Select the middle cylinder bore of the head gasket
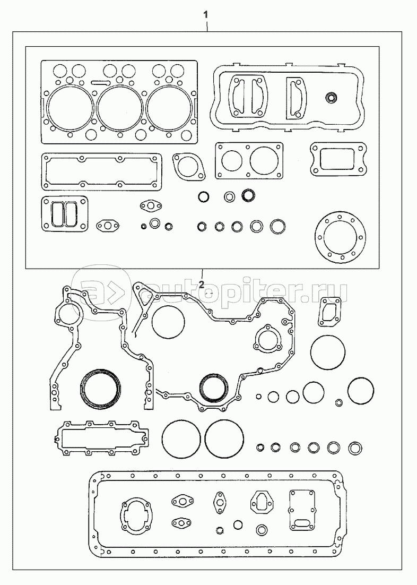pyautogui.click(x=119, y=108)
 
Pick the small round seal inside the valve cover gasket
pyautogui.click(x=332, y=97)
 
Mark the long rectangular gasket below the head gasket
pyautogui.click(x=101, y=171)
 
